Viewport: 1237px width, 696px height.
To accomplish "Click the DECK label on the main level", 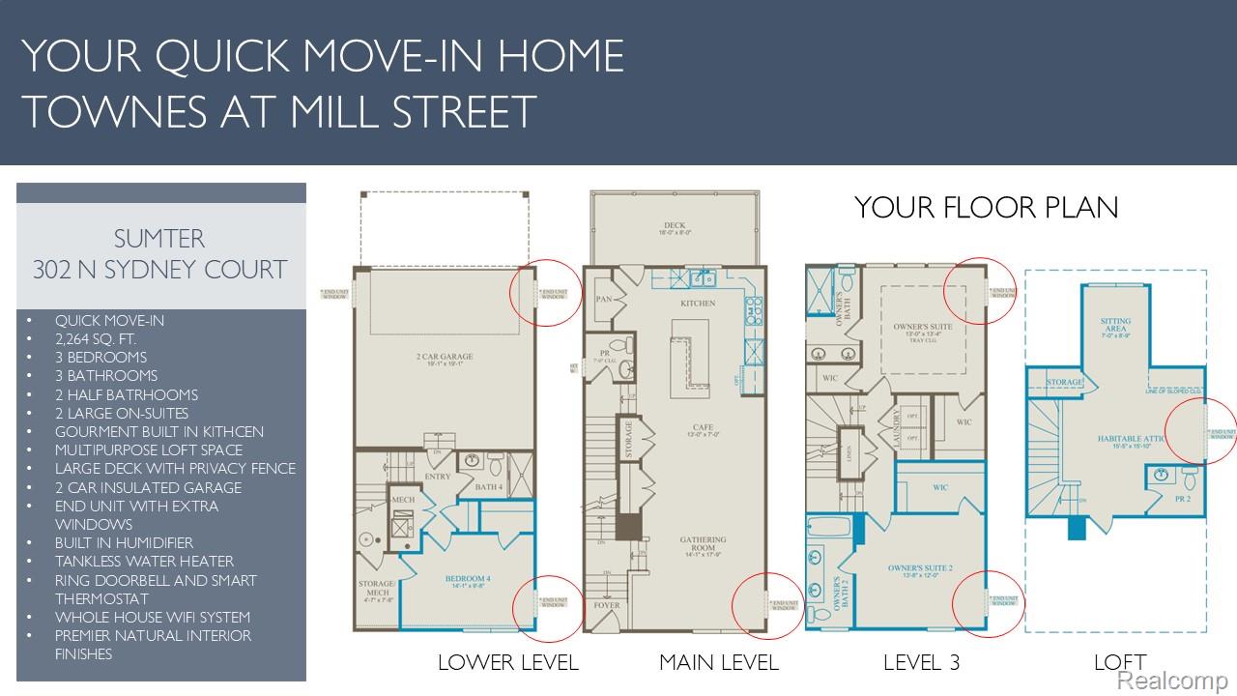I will [x=675, y=226].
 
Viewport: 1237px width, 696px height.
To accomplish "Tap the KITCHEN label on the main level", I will [x=698, y=304].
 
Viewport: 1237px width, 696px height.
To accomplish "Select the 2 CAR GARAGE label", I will [x=445, y=357].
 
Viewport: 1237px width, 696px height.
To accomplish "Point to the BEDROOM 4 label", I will [x=467, y=578].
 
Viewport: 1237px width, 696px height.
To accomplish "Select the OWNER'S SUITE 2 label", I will [x=920, y=568].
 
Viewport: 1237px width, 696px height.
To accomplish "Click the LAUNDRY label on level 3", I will [x=898, y=426].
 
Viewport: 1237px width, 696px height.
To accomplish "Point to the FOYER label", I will [x=606, y=606].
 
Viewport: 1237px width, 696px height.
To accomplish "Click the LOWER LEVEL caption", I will [x=507, y=662].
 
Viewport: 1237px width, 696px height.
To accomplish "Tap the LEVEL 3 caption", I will [x=923, y=662].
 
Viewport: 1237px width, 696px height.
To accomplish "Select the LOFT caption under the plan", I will [x=1120, y=662].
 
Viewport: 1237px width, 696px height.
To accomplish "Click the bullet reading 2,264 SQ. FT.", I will [x=96, y=339].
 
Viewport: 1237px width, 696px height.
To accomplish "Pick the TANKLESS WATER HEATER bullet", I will [x=144, y=561].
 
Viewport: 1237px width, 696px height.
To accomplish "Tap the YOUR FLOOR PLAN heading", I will [x=986, y=207].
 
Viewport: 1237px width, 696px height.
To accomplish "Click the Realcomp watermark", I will [x=1172, y=681].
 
